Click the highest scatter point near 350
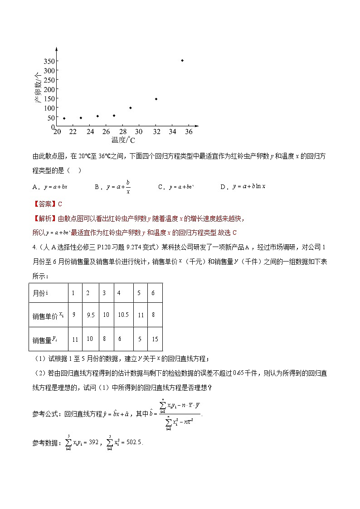[x=182, y=60]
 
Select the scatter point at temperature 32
[x=156, y=99]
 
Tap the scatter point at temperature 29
[x=131, y=108]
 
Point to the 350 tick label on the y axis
[x=49, y=61]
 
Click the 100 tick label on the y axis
[x=49, y=108]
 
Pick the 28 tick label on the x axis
[x=122, y=132]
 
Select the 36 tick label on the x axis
[x=189, y=132]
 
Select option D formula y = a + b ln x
[x=248, y=186]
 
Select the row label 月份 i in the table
[x=41, y=293]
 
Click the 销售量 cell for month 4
[x=120, y=339]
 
